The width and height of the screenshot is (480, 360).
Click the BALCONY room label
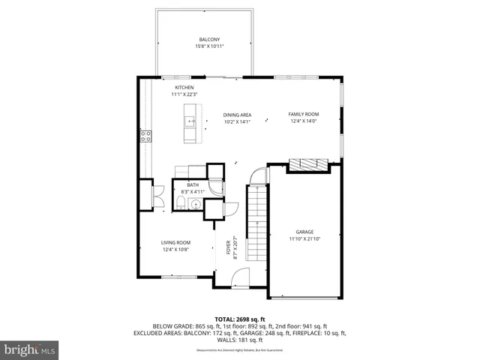click(209, 40)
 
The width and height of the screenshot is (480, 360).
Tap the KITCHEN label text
click(184, 88)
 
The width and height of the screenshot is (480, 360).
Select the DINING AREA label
click(236, 115)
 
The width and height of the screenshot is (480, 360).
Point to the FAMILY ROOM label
click(304, 115)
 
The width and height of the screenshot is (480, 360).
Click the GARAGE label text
click(304, 232)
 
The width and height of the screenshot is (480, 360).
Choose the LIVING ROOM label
click(175, 242)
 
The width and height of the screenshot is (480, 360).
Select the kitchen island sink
click(191, 121)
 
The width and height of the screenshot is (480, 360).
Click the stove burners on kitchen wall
click(145, 136)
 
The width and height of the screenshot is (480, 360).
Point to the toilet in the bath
click(181, 204)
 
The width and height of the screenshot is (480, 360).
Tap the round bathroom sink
click(196, 203)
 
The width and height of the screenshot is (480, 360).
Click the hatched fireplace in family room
click(309, 164)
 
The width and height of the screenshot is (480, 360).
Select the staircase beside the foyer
click(257, 225)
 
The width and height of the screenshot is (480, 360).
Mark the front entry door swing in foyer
click(241, 280)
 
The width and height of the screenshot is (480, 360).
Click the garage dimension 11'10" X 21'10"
click(304, 239)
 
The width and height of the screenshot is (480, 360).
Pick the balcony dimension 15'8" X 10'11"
click(209, 46)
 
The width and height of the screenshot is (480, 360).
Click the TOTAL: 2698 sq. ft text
click(240, 319)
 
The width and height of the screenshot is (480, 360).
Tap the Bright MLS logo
click(30, 349)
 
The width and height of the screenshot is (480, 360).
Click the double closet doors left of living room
click(157, 197)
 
